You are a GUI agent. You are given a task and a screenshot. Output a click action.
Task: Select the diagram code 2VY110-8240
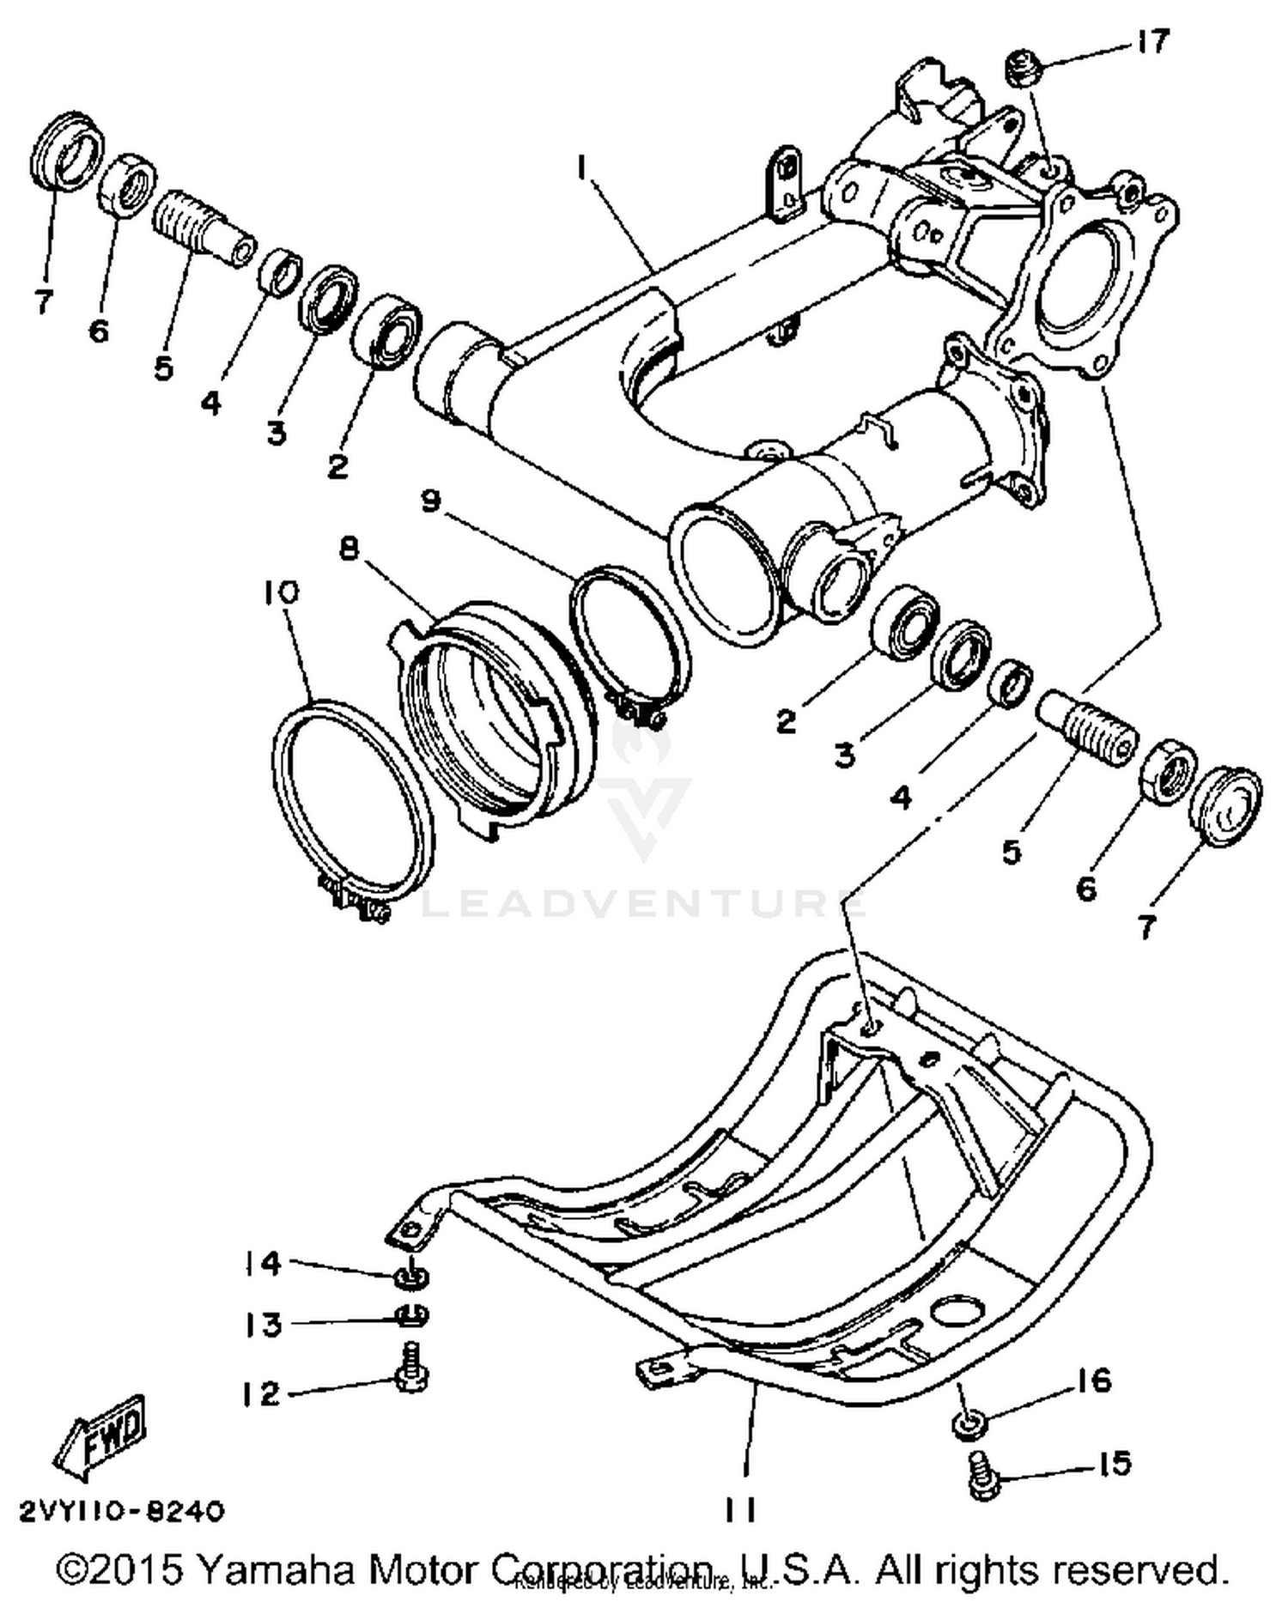[x=121, y=1509]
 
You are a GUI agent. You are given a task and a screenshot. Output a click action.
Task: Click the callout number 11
[x=738, y=1509]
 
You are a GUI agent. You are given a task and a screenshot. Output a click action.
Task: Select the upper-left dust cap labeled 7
[x=67, y=149]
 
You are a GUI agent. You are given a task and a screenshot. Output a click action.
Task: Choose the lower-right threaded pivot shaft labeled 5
[x=1087, y=729]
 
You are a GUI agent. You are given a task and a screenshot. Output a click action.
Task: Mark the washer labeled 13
[x=412, y=1314]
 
